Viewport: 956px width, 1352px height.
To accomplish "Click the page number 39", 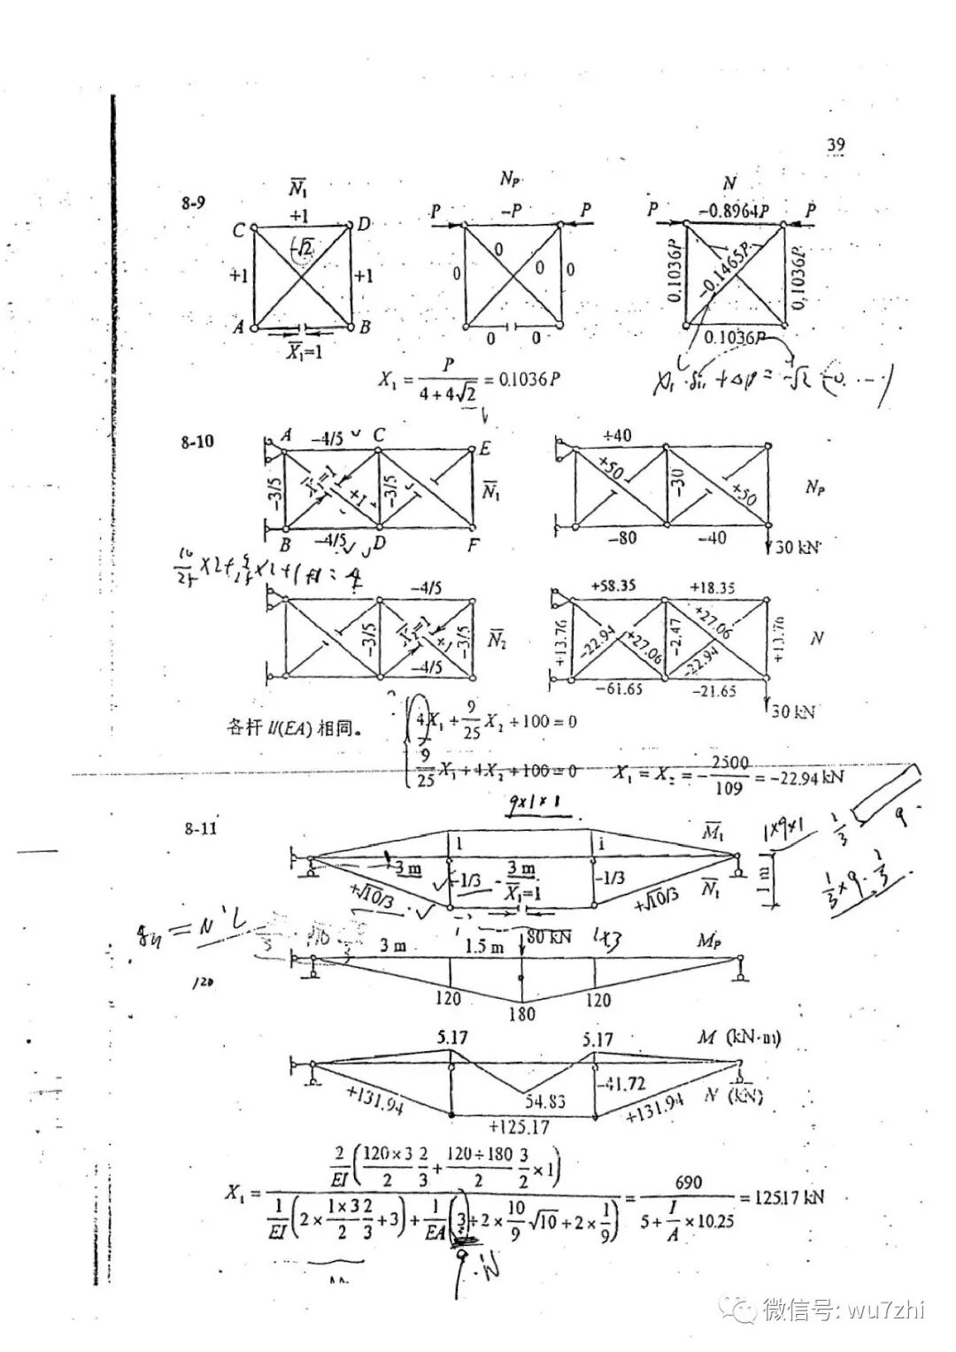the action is [x=836, y=144].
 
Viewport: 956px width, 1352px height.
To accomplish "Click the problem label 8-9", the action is [x=194, y=203].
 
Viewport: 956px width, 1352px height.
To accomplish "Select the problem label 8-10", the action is [x=197, y=441].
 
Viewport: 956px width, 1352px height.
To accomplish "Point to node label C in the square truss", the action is [x=238, y=230].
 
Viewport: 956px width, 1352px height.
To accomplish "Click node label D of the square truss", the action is [x=364, y=225].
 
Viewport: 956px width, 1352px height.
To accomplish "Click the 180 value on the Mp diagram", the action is [x=521, y=1014].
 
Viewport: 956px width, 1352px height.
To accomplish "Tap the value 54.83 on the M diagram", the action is [x=545, y=1102].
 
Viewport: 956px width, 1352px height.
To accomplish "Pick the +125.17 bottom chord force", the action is [x=519, y=1126].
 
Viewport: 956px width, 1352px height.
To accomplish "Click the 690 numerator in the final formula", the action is [x=688, y=1182].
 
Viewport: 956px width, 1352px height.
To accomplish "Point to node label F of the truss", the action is [x=474, y=545].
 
